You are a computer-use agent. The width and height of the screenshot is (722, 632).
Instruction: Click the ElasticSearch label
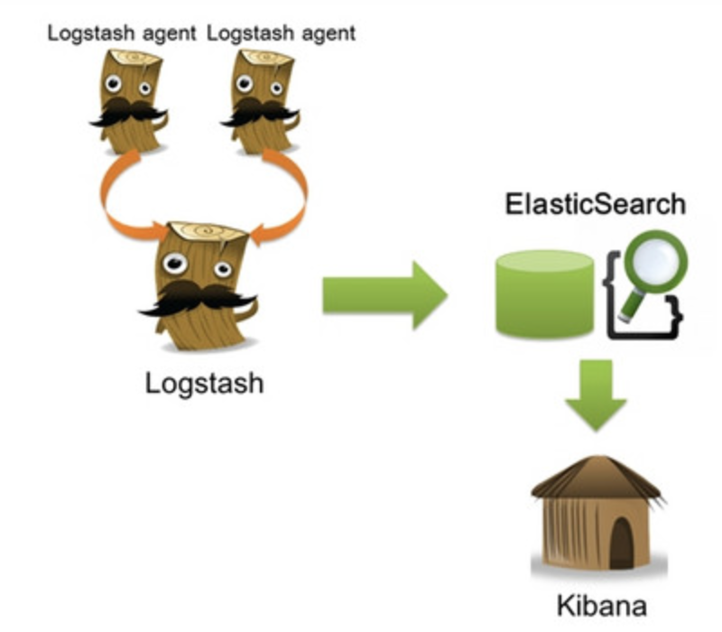(x=595, y=204)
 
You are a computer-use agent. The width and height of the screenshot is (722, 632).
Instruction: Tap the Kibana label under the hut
(x=599, y=604)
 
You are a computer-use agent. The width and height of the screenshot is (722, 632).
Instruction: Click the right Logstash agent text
(x=281, y=33)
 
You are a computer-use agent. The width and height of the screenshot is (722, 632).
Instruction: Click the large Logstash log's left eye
(x=174, y=263)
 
